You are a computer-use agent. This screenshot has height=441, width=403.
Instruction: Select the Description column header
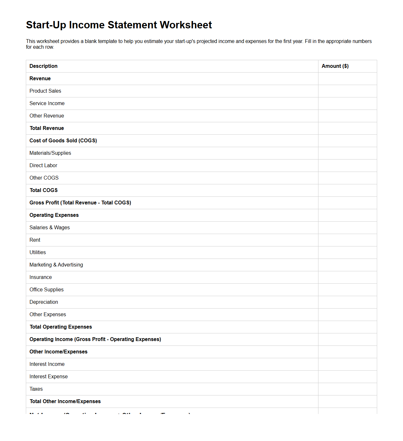tap(43, 66)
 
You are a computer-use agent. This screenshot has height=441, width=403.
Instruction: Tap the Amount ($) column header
tap(335, 66)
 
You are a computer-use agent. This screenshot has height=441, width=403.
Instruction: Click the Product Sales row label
tap(45, 91)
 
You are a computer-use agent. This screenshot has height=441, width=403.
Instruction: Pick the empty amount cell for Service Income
tap(347, 103)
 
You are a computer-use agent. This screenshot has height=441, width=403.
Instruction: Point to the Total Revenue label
tap(47, 128)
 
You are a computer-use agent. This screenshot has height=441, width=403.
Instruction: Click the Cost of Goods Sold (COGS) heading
tap(63, 141)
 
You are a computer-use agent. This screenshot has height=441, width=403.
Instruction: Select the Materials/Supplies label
tap(50, 153)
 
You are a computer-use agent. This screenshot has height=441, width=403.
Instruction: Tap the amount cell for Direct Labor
tap(347, 166)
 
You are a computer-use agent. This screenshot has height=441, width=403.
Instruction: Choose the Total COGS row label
tap(44, 190)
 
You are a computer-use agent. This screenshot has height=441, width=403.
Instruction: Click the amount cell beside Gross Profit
tap(347, 203)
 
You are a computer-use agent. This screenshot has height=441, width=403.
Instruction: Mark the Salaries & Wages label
tap(49, 228)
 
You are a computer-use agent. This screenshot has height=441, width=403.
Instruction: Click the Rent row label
tap(35, 240)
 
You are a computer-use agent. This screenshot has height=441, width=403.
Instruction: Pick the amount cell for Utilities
tap(347, 253)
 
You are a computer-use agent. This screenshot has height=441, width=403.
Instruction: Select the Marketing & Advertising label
tap(56, 265)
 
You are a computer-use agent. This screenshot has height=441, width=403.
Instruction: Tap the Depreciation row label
tap(44, 302)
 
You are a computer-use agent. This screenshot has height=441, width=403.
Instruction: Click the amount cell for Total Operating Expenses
tap(347, 327)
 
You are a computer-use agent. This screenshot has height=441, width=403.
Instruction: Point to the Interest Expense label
tap(49, 377)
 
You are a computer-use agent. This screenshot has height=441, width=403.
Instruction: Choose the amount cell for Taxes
tap(347, 389)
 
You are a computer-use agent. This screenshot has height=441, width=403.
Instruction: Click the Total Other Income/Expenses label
tap(65, 402)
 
